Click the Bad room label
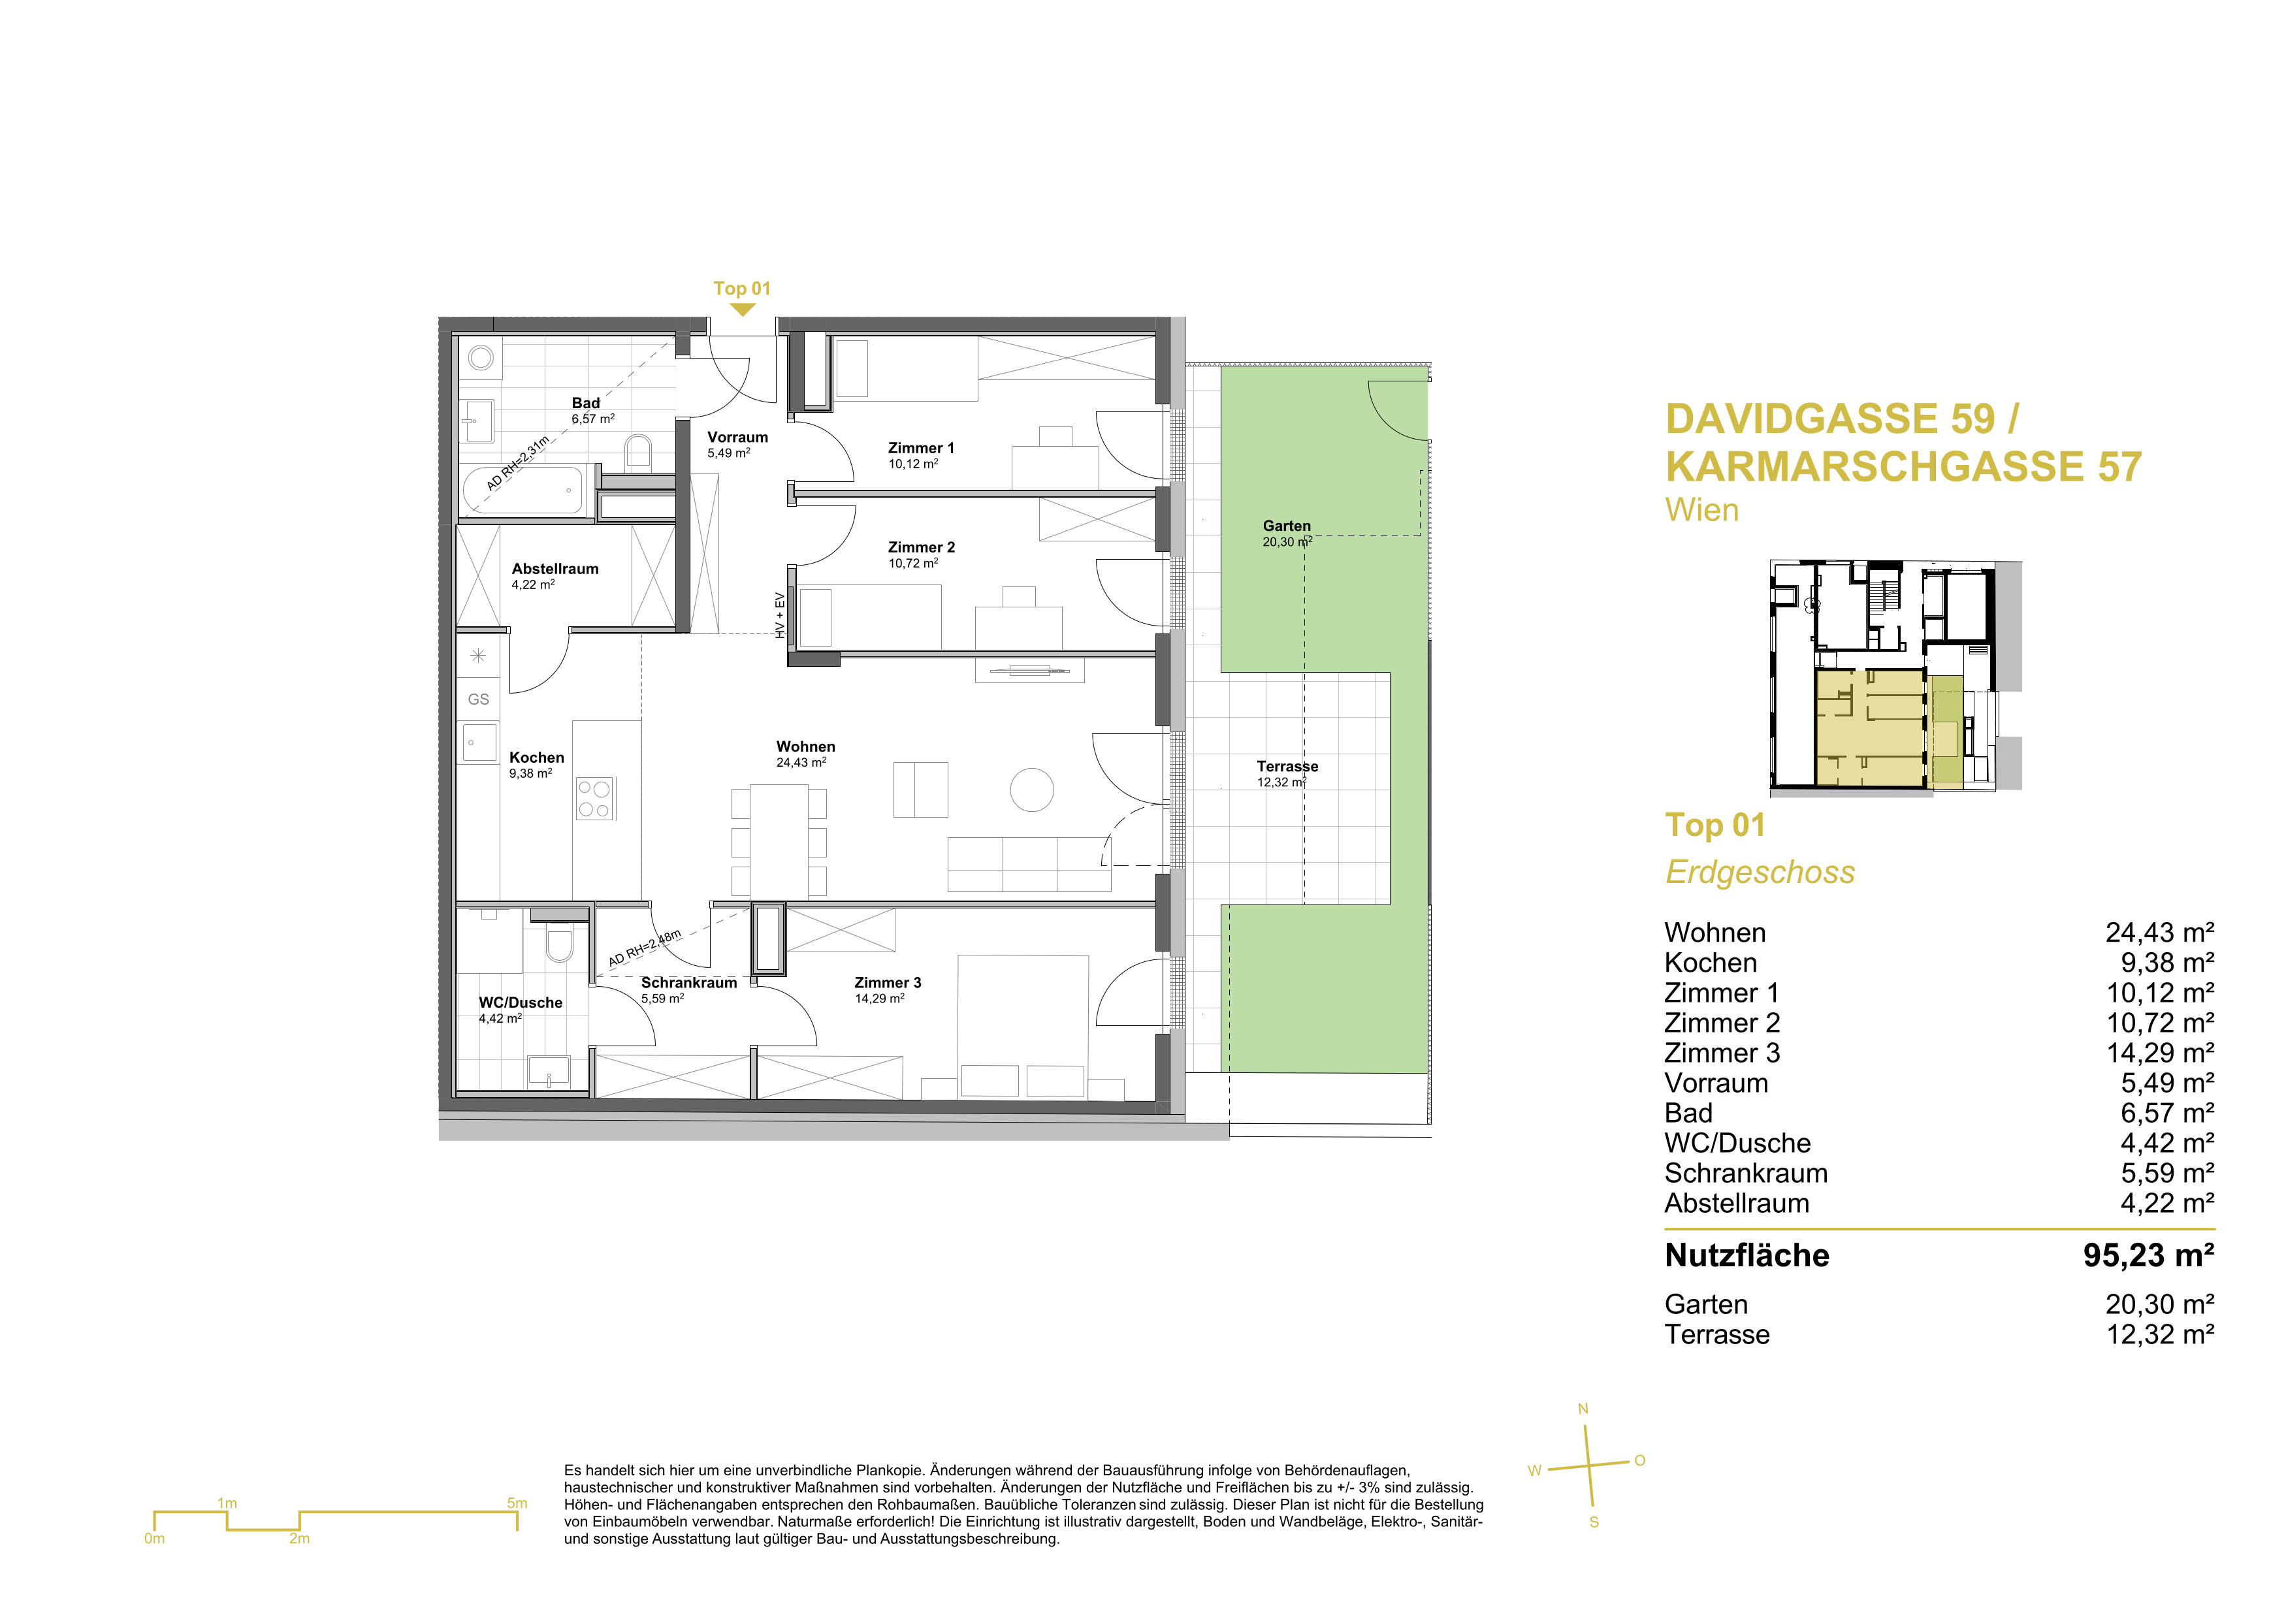tap(585, 403)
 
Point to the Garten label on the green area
tap(1287, 526)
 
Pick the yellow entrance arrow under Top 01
tap(742, 310)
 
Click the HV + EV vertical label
tap(781, 615)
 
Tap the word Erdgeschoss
tap(1760, 873)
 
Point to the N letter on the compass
tap(1583, 1409)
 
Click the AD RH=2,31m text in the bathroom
tap(518, 464)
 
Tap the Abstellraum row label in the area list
tap(1737, 1204)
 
